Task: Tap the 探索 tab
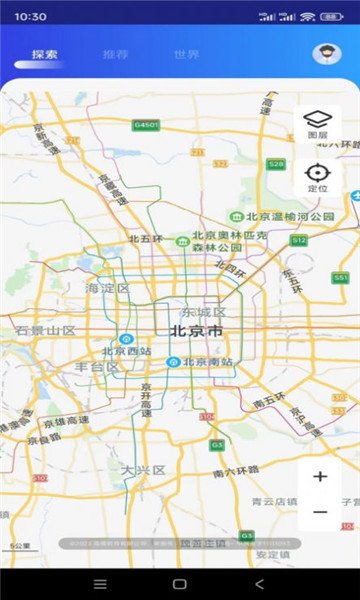pos(44,54)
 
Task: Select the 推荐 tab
pos(115,54)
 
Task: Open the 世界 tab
pos(186,54)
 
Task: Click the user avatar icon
pos(326,54)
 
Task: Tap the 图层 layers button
pos(317,124)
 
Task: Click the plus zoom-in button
pos(320,476)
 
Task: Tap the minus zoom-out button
pos(320,512)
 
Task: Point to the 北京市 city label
pos(196,331)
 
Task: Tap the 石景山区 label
pos(45,330)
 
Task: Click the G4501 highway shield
pos(146,125)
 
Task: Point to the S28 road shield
pos(276,163)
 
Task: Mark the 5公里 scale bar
pos(20,547)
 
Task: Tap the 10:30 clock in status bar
pos(31,17)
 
